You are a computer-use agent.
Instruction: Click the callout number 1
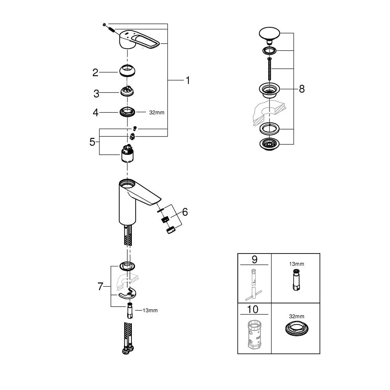[188, 80]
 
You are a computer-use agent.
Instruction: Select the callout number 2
[95, 73]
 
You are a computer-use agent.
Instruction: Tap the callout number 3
[96, 94]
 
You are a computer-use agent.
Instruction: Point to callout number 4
[96, 113]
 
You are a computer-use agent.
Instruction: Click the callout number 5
[92, 142]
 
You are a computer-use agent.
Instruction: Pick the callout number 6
[185, 212]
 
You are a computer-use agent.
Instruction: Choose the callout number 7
[100, 287]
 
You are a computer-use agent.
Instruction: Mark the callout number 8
[302, 89]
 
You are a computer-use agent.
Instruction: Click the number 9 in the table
[254, 259]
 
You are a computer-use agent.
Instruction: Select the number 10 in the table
[253, 309]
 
